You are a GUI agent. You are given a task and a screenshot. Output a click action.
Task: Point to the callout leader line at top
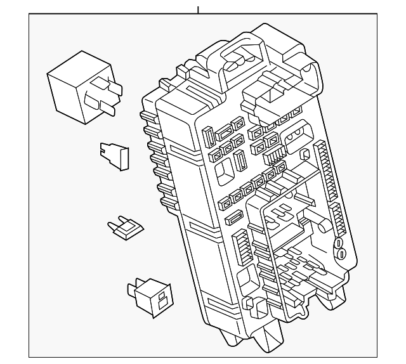point(198,9)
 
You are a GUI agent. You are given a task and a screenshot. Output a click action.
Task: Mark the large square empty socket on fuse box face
point(223,169)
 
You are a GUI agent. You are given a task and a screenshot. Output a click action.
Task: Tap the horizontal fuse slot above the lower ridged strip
point(233,219)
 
